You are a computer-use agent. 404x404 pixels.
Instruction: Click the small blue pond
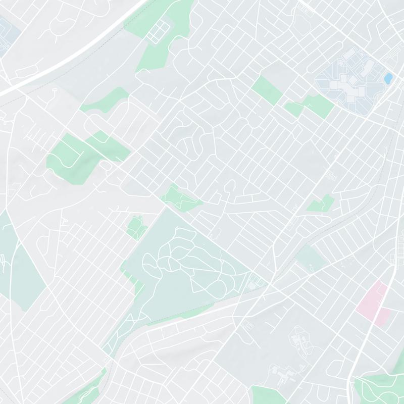(388, 78)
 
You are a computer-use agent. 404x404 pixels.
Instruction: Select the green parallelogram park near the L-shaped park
(267, 89)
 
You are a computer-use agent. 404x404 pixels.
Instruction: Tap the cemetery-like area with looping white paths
(187, 263)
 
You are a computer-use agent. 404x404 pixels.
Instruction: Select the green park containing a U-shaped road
(68, 154)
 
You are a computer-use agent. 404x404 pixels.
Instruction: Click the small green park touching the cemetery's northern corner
(179, 198)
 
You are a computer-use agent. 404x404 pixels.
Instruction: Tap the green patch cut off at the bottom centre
(268, 395)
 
